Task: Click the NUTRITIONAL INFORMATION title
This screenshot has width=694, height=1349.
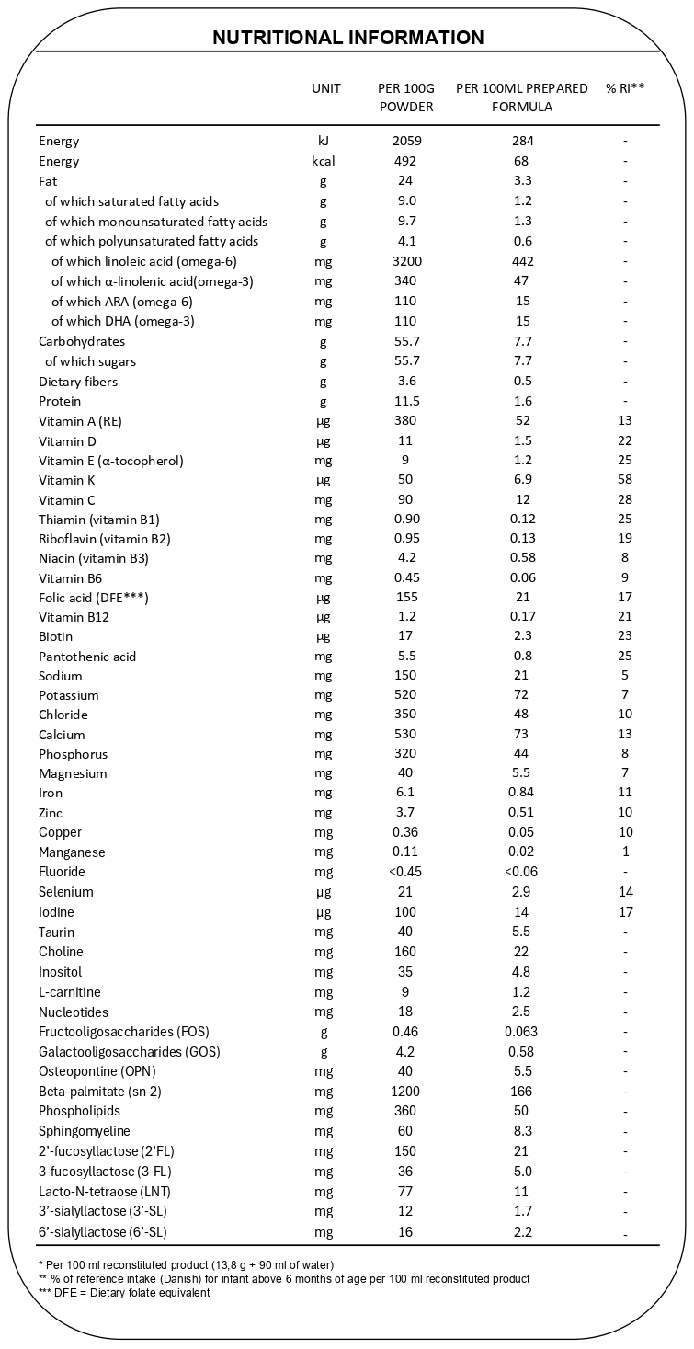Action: point(347,38)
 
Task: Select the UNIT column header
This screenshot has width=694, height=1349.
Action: point(325,88)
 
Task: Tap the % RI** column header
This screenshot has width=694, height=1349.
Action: point(625,88)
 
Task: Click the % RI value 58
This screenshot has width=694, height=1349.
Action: point(625,480)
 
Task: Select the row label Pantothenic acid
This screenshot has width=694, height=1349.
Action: point(87,657)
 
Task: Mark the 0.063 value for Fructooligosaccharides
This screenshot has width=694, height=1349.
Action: point(522,1032)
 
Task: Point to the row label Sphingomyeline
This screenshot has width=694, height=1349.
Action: point(85,1131)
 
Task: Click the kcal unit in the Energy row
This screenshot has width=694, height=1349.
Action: point(324,161)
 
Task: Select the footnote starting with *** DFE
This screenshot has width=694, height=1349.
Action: point(124,1292)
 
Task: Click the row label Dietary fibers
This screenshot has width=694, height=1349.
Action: point(78,382)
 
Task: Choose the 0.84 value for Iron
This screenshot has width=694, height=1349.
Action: point(522,793)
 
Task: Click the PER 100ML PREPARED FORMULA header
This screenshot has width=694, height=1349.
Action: point(522,97)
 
